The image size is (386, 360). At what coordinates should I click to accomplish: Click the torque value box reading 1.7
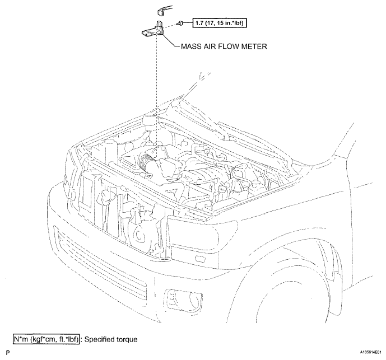(220, 23)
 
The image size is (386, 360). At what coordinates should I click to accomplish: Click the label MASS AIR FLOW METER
(224, 46)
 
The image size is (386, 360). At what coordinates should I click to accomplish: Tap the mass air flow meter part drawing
(152, 30)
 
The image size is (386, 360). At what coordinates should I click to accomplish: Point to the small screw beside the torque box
(180, 23)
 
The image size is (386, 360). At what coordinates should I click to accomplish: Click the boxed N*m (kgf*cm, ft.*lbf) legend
(46, 339)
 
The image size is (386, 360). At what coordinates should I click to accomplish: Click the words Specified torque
(111, 340)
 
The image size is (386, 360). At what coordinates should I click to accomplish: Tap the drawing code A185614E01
(371, 352)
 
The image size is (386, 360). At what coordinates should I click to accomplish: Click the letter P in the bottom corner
(8, 353)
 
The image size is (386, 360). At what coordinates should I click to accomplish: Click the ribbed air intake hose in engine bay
(145, 163)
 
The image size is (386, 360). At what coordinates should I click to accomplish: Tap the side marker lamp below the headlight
(201, 258)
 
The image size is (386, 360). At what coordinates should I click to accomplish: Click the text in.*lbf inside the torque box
(232, 23)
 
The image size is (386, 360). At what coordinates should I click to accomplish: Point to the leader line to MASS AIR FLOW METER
(170, 40)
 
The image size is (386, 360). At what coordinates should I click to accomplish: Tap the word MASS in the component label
(191, 46)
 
